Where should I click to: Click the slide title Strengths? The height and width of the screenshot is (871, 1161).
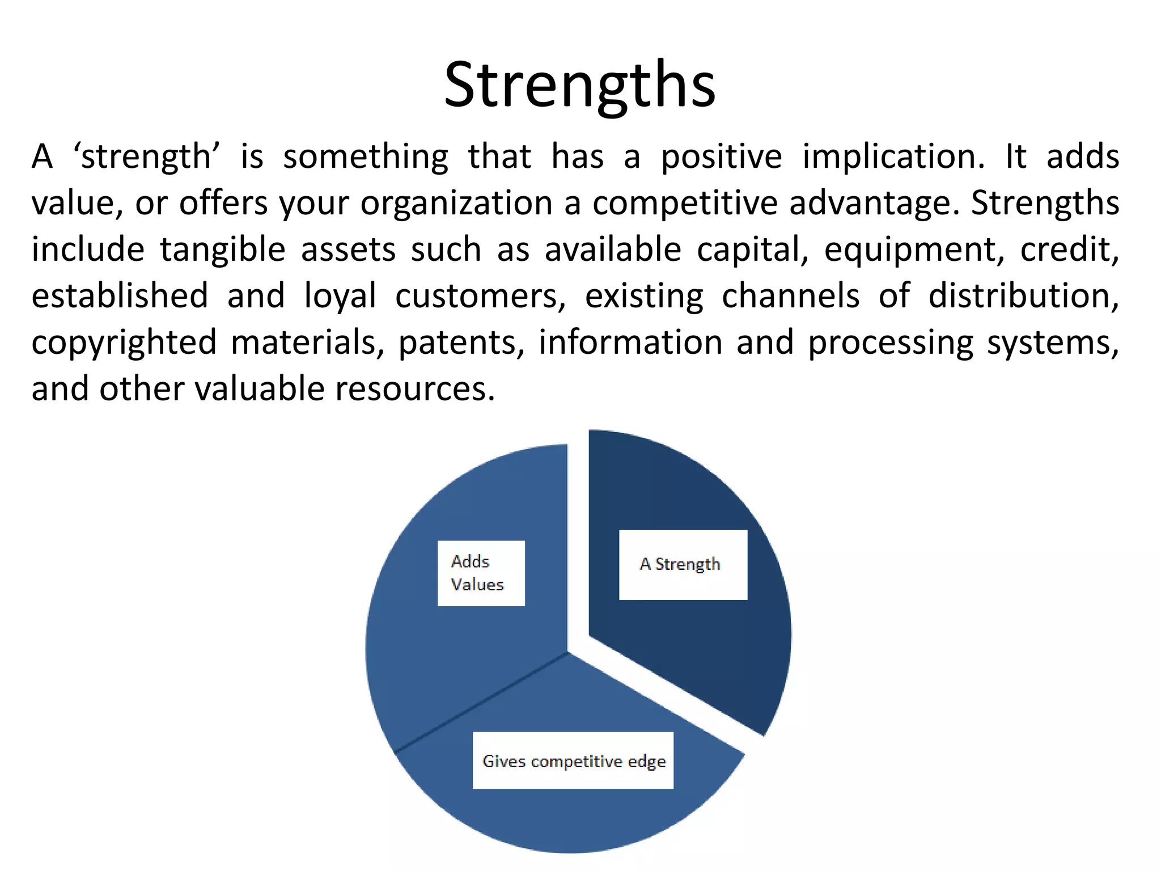point(580,85)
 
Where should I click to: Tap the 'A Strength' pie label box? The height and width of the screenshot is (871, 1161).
point(683,565)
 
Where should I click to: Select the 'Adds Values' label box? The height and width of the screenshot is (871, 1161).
point(481,573)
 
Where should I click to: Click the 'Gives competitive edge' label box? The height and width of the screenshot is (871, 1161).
point(573,760)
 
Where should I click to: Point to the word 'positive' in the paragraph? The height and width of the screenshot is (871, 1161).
point(721,157)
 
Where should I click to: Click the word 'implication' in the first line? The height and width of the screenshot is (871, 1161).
point(893,157)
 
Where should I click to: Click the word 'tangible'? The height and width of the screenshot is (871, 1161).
point(222,250)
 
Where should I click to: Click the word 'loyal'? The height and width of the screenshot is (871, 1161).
point(340,296)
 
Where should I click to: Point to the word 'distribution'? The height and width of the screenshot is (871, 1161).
point(1023,296)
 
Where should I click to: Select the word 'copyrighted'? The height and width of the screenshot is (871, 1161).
point(124,343)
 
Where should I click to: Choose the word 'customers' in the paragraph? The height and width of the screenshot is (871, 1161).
point(480,296)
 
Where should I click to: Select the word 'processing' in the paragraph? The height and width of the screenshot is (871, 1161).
point(890,343)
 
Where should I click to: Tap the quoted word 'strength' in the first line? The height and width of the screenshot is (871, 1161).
point(146,157)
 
